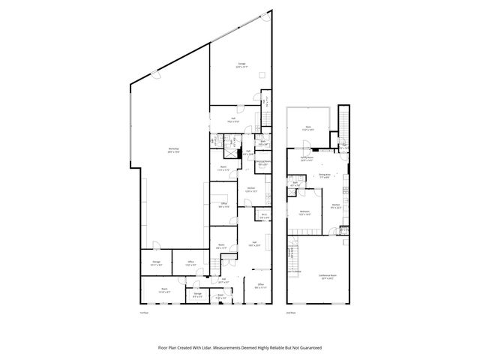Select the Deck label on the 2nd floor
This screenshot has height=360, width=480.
tap(307, 128)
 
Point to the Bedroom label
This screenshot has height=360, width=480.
tap(304, 212)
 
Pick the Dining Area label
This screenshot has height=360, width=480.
tap(324, 175)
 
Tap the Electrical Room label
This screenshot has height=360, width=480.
tap(261, 161)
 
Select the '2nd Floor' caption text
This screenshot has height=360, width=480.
tap(290, 312)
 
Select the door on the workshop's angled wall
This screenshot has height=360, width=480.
tap(154, 73)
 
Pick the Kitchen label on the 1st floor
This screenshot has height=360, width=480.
tap(251, 188)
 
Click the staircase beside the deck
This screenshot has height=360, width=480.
tap(344, 120)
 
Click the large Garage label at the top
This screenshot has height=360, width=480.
tap(242, 64)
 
